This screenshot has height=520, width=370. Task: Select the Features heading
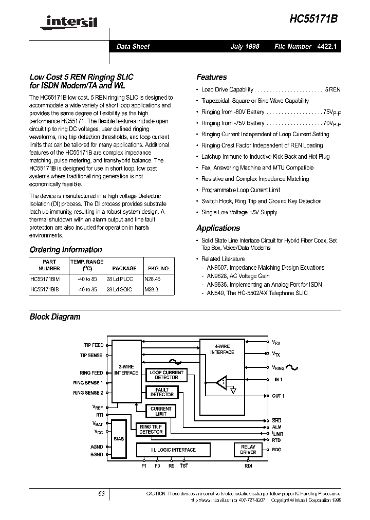211,77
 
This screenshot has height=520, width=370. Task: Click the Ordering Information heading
66,250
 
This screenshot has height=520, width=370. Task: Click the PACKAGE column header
124,268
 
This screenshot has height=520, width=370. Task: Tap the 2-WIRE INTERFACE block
126,370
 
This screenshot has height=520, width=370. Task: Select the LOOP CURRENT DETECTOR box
166,375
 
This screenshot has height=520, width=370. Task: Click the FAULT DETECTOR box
162,392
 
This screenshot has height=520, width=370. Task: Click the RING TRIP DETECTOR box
151,430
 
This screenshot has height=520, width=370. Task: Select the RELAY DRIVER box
248,450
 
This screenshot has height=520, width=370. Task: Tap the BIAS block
119,439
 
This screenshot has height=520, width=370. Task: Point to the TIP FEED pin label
94,345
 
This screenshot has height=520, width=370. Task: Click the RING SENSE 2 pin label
88,393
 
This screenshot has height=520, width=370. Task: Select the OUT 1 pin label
277,396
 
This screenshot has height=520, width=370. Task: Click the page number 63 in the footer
101,493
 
